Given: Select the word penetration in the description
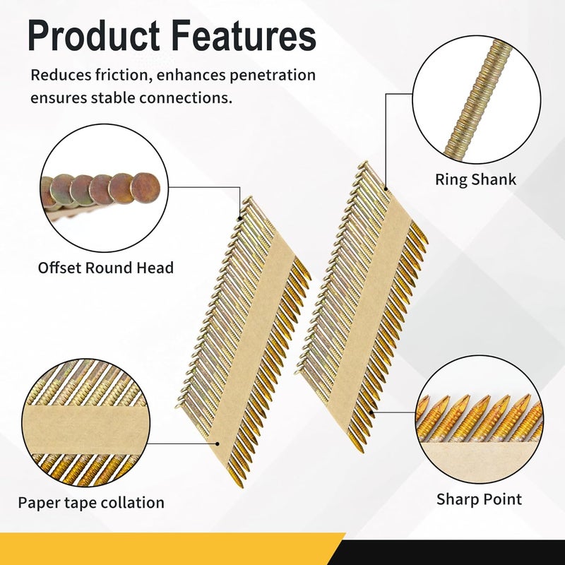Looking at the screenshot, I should (x=270, y=75).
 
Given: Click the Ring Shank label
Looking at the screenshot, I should (x=475, y=179).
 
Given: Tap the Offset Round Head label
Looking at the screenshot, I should (x=106, y=268).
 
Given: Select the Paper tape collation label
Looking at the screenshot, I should (x=91, y=503).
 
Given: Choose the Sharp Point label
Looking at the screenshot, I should (x=479, y=499).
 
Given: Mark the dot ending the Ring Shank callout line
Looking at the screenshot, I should (x=386, y=188).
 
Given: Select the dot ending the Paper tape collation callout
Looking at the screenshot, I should (x=219, y=444).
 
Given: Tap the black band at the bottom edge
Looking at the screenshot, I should (x=459, y=552).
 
